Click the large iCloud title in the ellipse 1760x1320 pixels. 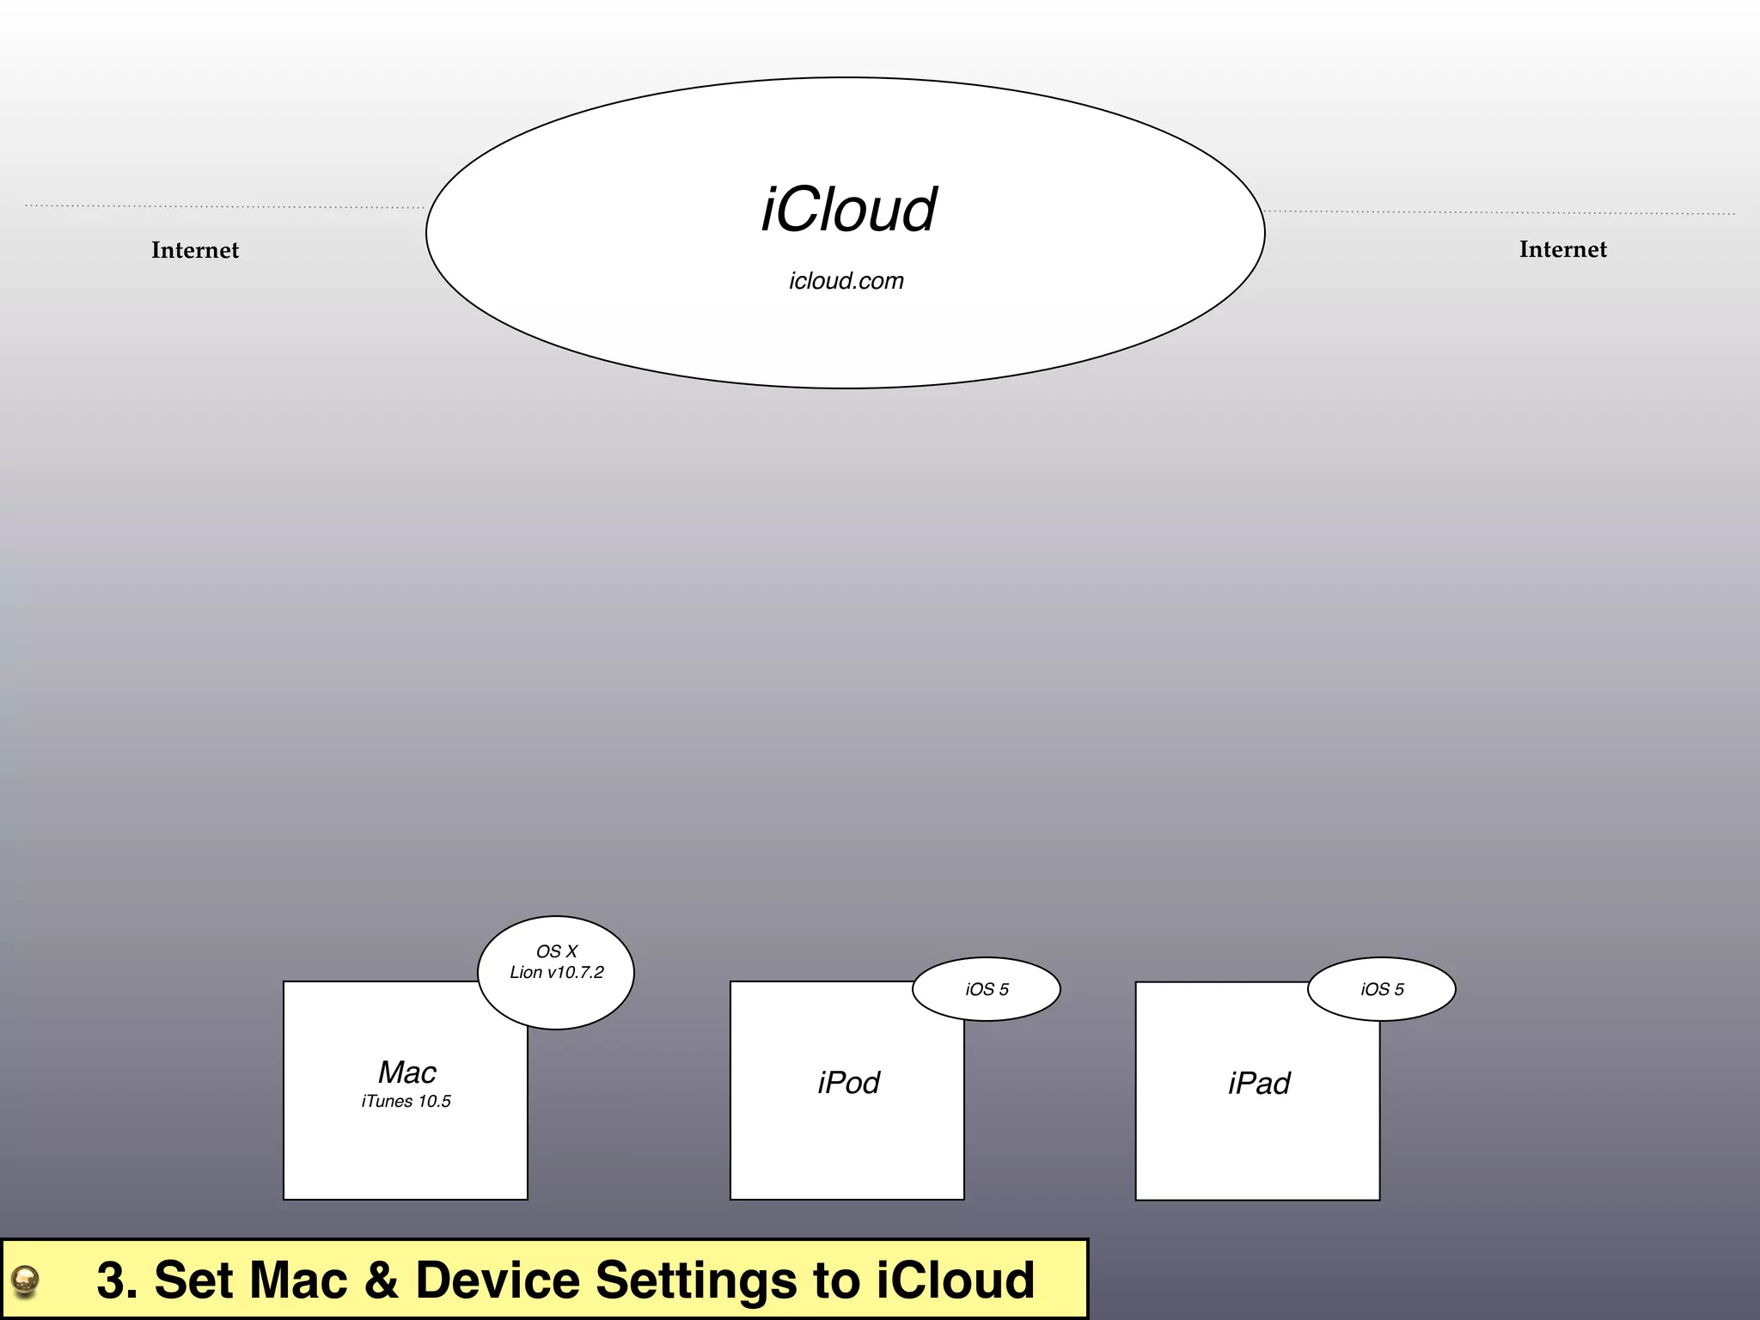849,210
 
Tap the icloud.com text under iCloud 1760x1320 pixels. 846,281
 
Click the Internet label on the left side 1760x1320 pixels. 195,250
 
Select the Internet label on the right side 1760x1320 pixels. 1562,249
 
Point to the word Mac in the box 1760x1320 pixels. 407,1072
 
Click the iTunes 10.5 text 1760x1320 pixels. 406,1102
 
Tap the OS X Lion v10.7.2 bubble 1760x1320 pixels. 556,972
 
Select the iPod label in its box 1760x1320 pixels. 848,1083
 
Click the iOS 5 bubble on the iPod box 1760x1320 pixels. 987,989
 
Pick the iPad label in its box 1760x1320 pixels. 1259,1084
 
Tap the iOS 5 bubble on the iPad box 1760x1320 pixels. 1382,989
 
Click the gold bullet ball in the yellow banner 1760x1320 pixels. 26,1280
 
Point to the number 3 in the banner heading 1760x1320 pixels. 111,1280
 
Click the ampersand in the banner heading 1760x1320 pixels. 381,1280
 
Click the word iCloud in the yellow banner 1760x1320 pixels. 955,1280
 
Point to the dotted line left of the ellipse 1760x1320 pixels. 223,206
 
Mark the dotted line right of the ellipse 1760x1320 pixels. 1500,212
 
